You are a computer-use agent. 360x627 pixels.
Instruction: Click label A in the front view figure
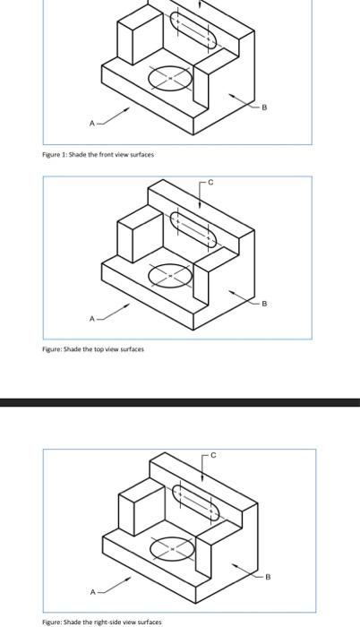pos(90,123)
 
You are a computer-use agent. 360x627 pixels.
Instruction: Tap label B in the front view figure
pos(263,107)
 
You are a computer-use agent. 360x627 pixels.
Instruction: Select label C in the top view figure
pos(210,183)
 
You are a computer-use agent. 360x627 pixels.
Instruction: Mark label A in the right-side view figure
pos(90,591)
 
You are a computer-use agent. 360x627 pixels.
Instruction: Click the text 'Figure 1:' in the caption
pos(57,155)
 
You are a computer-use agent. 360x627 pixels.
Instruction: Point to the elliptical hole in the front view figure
pos(169,80)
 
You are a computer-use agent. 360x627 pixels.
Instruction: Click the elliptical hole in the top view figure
pos(169,274)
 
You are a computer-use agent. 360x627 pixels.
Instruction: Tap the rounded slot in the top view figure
pos(193,229)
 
